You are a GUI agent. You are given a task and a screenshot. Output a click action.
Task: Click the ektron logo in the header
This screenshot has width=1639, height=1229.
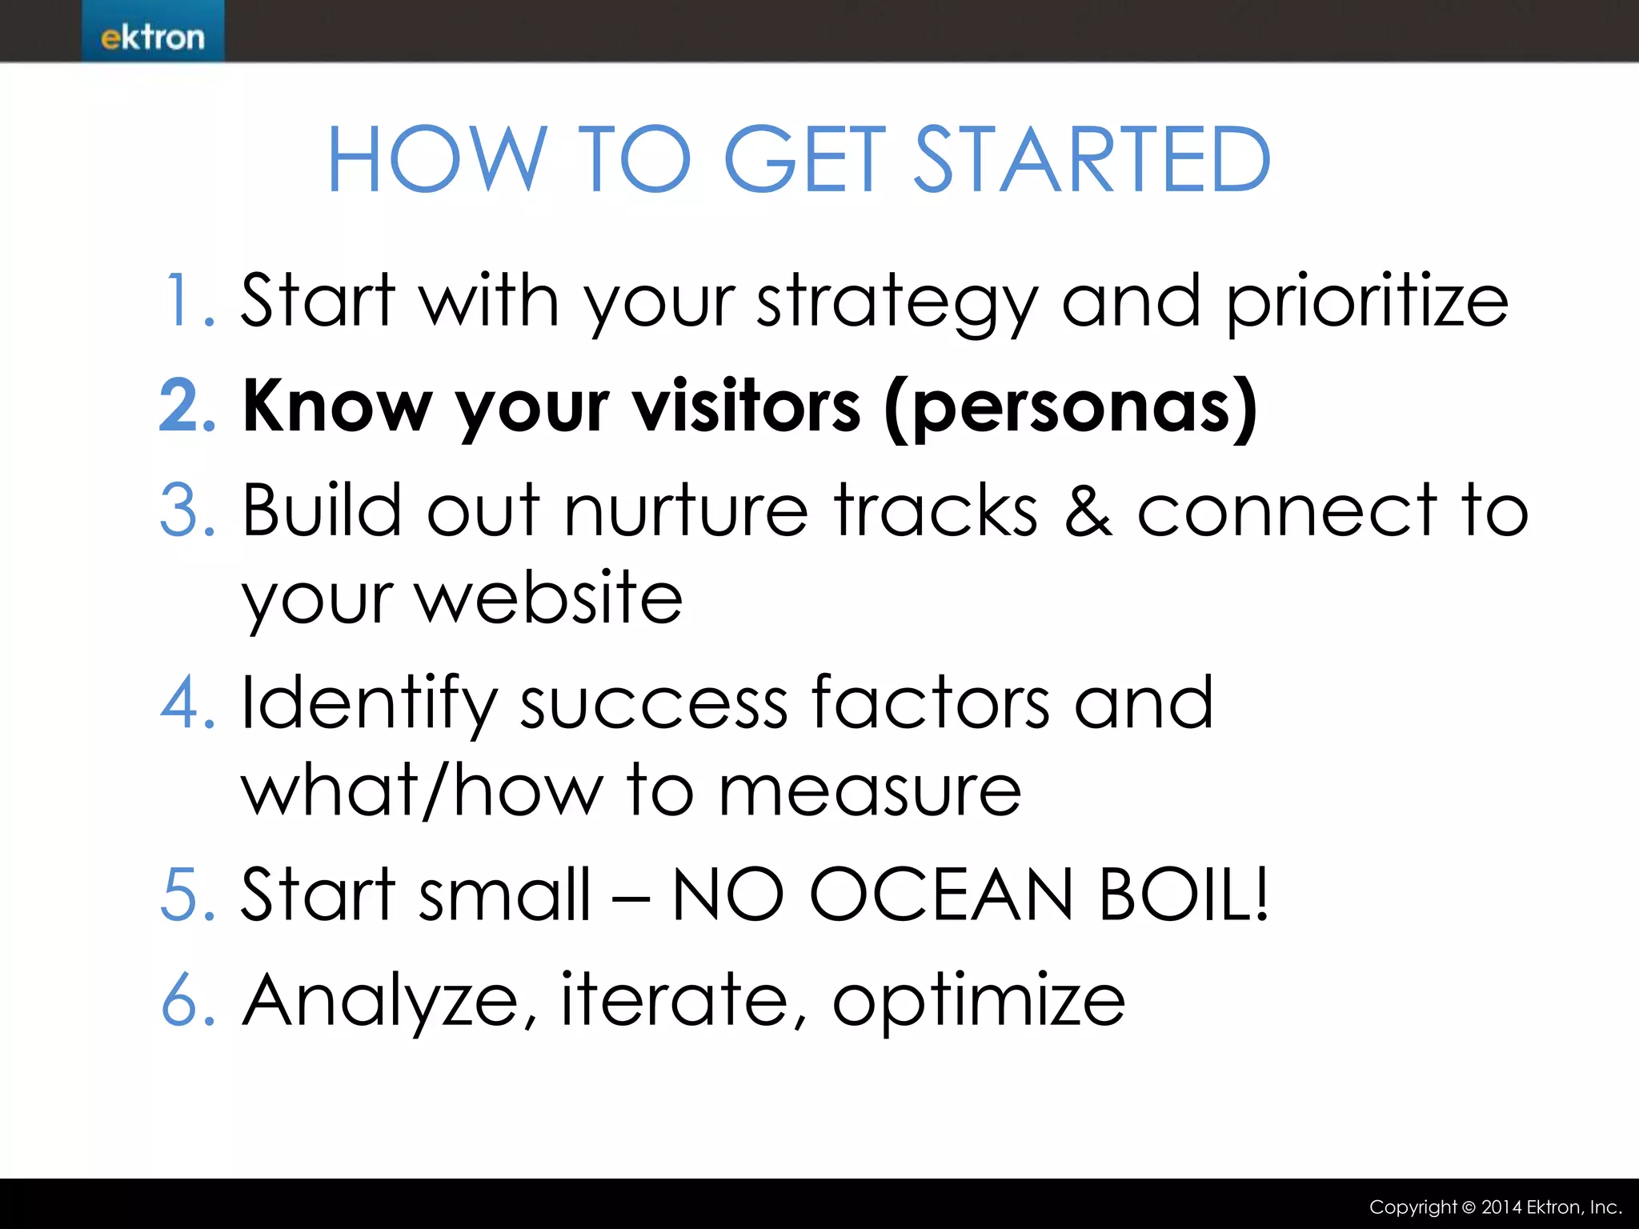tap(152, 37)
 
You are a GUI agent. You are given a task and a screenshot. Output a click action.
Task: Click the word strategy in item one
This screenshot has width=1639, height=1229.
tap(896, 304)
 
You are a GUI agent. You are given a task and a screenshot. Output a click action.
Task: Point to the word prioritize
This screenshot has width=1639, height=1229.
tap(1367, 304)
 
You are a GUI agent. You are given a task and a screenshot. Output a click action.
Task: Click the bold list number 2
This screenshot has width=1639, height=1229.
tap(186, 406)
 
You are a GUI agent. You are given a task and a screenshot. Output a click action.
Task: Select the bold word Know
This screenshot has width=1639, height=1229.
tap(336, 406)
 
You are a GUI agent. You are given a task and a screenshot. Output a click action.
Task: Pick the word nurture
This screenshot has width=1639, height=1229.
tap(686, 512)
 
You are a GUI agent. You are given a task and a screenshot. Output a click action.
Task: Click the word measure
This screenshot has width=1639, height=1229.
tap(870, 792)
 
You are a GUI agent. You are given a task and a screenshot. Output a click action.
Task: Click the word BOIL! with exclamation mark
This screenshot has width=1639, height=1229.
tap(1184, 895)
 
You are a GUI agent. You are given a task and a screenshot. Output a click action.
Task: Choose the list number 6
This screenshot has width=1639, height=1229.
tap(187, 1000)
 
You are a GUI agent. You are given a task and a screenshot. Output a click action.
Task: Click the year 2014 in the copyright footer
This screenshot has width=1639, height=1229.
tap(1501, 1207)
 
